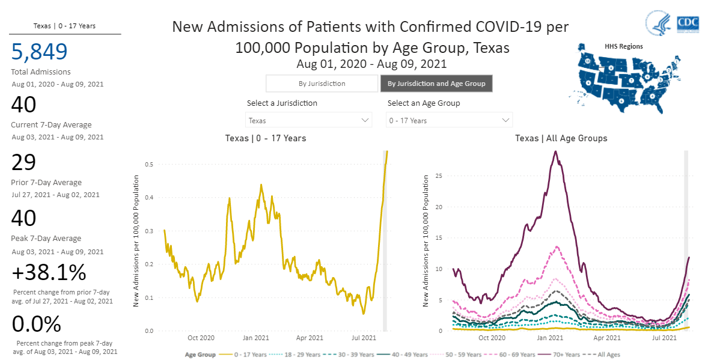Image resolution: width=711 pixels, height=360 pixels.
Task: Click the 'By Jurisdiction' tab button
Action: coord(322,84)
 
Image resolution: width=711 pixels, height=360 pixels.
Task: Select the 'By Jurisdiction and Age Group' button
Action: coord(436,84)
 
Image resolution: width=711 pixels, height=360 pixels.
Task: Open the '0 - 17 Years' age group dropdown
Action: coord(449,120)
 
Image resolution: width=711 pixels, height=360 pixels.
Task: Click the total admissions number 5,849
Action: coord(40,52)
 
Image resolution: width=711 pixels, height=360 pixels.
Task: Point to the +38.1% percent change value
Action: coord(49,273)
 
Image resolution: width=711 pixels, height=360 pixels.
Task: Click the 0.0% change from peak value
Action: coord(37,325)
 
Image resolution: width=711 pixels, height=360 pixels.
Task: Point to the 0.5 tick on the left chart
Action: coord(148,164)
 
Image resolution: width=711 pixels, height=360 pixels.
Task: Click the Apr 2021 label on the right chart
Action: coord(606,338)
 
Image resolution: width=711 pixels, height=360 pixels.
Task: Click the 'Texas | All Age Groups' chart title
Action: coord(561,138)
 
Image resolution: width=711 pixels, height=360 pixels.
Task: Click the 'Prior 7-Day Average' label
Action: coord(46,183)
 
